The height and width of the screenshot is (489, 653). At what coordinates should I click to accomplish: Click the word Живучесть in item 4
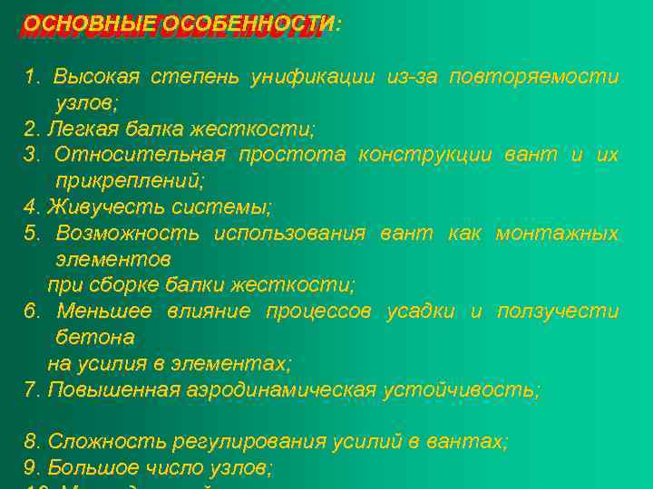click(x=95, y=207)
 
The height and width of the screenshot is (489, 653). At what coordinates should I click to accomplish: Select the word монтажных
click(x=557, y=234)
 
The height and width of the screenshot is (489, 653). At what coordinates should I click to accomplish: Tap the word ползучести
click(x=557, y=312)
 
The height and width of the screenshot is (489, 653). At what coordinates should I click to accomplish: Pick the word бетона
click(x=95, y=338)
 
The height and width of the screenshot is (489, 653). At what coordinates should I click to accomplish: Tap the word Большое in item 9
click(x=85, y=468)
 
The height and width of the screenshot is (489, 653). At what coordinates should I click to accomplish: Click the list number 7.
click(x=31, y=390)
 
